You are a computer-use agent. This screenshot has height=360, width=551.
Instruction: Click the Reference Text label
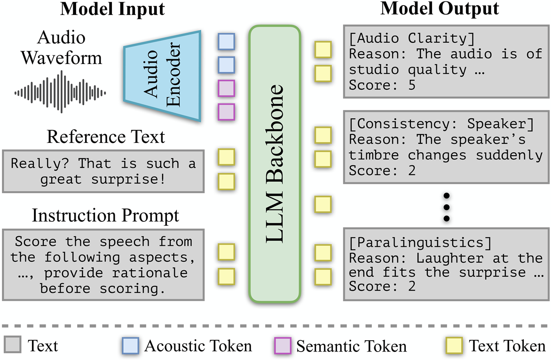click(106, 137)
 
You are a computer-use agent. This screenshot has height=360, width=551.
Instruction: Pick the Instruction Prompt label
click(105, 216)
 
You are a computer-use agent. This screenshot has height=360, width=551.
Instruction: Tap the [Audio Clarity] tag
click(412, 38)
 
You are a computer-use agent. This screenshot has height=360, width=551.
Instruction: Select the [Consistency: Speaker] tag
click(442, 124)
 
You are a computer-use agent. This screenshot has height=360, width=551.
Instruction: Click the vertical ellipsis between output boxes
click(447, 207)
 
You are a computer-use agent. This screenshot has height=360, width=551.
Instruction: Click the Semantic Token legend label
click(351, 346)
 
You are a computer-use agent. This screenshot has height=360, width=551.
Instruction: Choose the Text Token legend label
click(507, 346)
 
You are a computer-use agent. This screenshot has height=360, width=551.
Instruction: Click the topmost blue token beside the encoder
click(226, 42)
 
